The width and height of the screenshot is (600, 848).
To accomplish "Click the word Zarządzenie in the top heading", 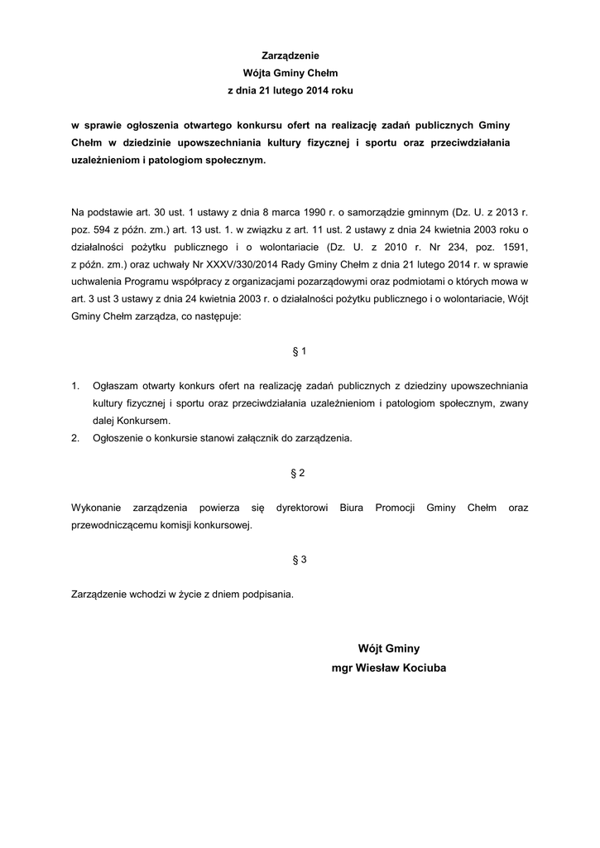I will (300, 55).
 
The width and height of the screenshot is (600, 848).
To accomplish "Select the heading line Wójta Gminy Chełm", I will (300, 73).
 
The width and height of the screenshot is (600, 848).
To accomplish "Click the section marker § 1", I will (300, 351).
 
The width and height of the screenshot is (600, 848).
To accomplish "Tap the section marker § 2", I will (300, 473).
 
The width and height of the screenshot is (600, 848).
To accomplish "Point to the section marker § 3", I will (300, 559).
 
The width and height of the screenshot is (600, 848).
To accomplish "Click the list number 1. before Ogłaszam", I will (75, 386).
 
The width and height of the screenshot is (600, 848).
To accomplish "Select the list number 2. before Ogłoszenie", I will (75, 438).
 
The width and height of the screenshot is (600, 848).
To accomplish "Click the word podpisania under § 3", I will (266, 594).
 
